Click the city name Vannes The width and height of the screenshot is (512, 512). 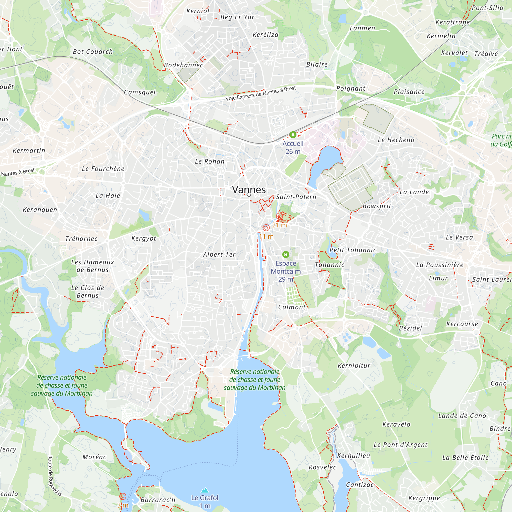click(249, 190)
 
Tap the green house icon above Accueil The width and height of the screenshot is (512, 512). click(293, 135)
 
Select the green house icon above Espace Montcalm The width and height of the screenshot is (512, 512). click(286, 255)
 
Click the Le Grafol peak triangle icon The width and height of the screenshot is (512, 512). click(205, 490)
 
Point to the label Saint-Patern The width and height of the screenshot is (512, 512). click(296, 197)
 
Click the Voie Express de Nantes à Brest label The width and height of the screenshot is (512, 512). click(261, 93)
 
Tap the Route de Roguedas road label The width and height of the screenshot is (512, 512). click(54, 475)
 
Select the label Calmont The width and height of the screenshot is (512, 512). click(292, 307)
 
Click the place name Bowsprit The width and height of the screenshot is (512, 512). click(377, 206)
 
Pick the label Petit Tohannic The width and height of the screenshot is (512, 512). click(353, 250)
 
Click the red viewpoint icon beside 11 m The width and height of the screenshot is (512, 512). click(266, 228)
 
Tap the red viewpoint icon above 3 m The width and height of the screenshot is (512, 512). click(123, 496)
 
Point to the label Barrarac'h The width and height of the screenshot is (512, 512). click(158, 500)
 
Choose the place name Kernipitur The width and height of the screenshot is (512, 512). click(354, 366)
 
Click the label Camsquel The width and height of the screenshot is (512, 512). click(140, 92)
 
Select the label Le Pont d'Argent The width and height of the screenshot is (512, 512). click(400, 445)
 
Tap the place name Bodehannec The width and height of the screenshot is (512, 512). click(183, 65)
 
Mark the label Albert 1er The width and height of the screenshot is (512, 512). click(219, 255)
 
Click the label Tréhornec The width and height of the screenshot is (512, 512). click(81, 239)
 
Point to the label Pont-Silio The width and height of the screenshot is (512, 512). click(488, 8)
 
